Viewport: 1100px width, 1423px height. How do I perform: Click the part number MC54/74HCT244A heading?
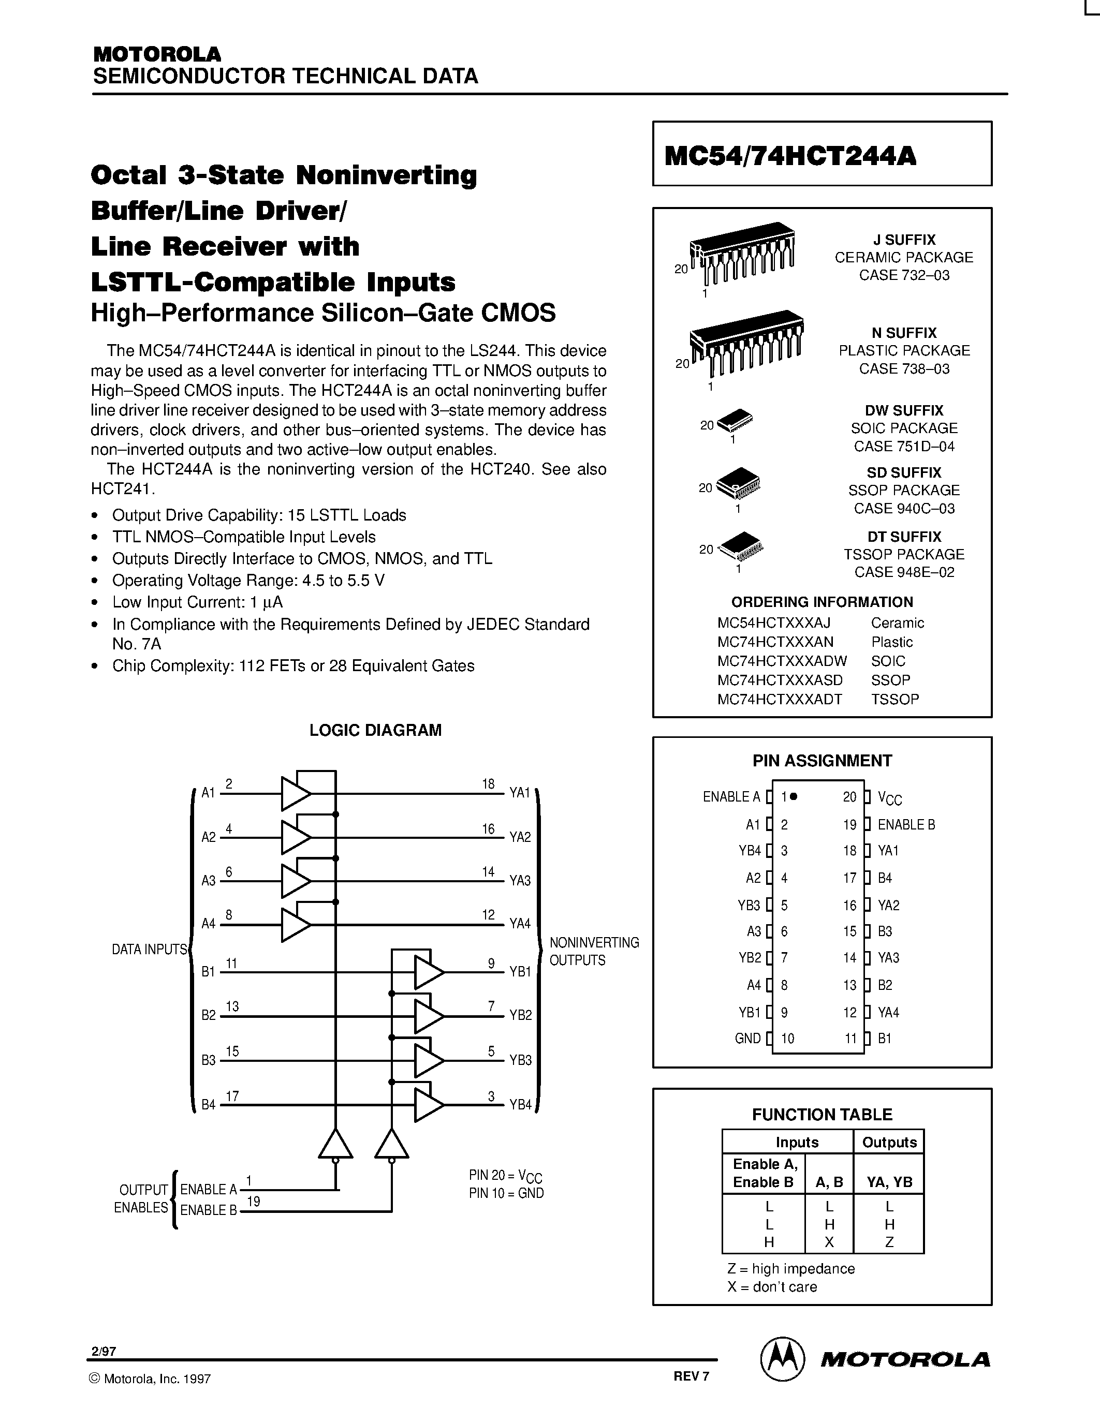[x=790, y=156]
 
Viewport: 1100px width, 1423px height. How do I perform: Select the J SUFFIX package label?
[x=904, y=240]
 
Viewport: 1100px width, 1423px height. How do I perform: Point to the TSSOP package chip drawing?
[x=740, y=546]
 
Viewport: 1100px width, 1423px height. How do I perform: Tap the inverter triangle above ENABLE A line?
[x=335, y=1144]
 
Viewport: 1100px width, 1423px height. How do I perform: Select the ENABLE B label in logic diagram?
[x=208, y=1210]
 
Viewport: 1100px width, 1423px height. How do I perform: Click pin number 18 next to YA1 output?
[x=488, y=784]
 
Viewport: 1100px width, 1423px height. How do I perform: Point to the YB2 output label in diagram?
[x=521, y=1015]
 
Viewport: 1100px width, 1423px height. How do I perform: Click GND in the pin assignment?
[x=747, y=1039]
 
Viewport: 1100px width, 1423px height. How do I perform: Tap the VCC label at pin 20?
[x=889, y=797]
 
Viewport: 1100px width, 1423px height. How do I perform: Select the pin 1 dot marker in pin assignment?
[x=794, y=796]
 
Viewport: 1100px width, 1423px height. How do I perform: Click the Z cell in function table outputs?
[x=889, y=1242]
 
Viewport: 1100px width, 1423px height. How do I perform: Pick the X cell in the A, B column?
[x=829, y=1242]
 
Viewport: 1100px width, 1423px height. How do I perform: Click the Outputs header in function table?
[x=889, y=1142]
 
